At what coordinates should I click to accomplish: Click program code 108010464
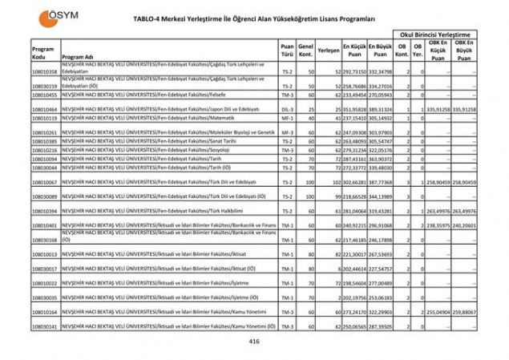45,109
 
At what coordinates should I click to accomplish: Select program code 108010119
45,118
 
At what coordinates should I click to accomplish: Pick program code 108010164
45,312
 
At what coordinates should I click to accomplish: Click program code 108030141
45,327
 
